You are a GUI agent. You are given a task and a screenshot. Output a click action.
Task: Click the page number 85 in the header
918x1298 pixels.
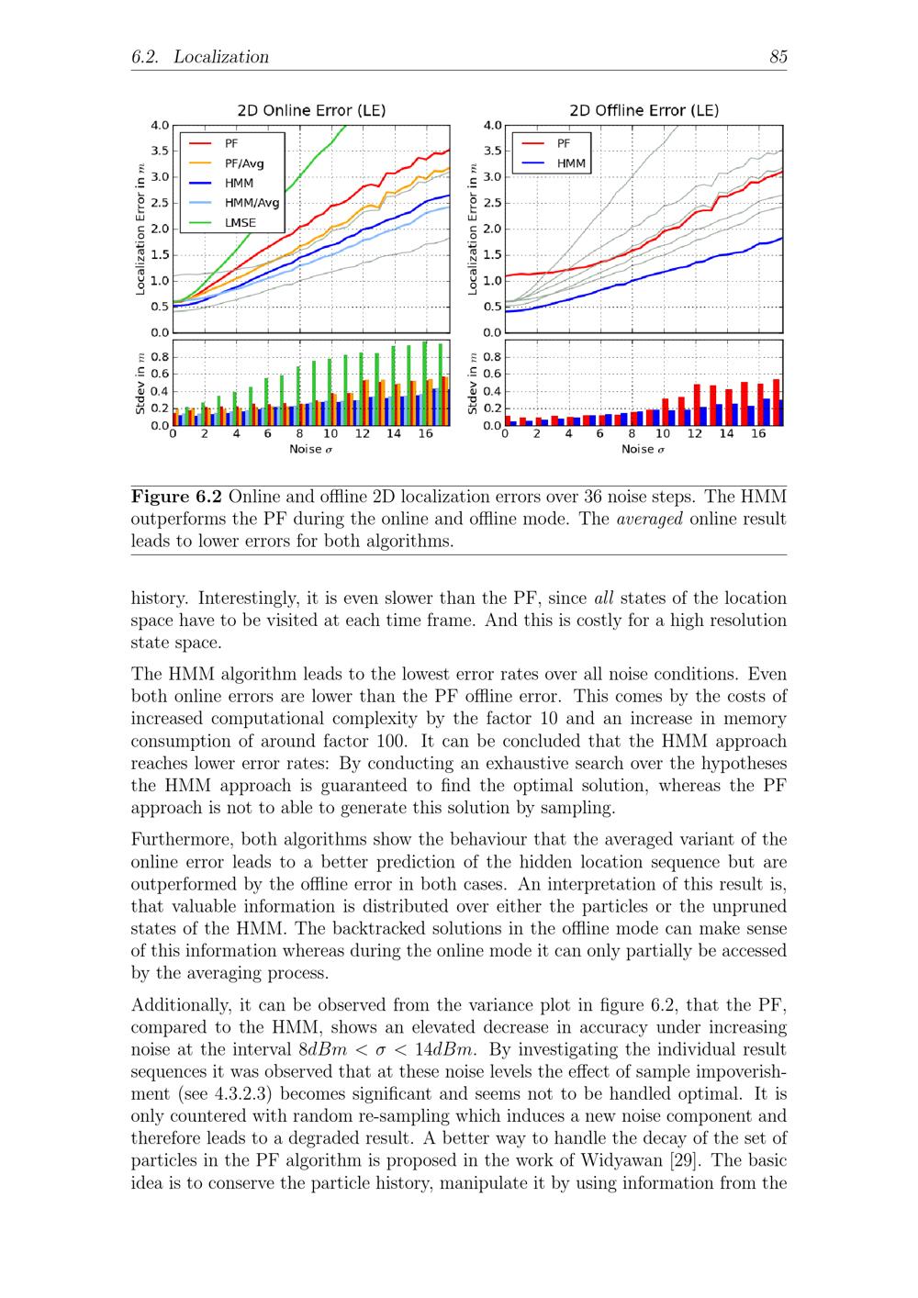coord(778,57)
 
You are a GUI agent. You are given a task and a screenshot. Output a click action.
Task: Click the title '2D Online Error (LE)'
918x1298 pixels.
coord(311,110)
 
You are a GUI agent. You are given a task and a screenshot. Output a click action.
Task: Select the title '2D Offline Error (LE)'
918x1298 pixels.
coord(644,110)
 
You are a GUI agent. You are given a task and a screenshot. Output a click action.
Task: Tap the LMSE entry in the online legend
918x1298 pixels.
coord(241,222)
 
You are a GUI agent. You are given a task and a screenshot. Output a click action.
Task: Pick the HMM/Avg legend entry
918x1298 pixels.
coord(252,203)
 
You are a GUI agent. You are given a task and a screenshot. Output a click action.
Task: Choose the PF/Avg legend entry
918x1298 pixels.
coord(244,163)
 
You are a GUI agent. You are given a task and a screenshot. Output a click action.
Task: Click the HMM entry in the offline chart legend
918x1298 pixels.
coord(571,163)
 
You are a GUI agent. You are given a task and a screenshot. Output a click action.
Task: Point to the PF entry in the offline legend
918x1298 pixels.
coord(564,143)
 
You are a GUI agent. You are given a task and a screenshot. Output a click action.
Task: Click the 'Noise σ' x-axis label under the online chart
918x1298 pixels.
coord(311,449)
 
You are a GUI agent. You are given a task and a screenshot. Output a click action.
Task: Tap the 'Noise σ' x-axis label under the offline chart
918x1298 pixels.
coord(643,449)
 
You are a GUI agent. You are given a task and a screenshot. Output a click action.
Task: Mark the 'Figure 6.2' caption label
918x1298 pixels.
coord(177,497)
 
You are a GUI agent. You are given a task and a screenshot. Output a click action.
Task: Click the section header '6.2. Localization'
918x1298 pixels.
coord(200,57)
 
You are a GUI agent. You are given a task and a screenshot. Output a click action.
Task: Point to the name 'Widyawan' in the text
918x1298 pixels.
coord(617,1160)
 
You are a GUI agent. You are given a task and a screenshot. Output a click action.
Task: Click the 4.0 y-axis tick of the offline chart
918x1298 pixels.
coord(493,125)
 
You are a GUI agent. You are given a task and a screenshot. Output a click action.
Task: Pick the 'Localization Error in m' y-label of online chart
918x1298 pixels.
coord(140,229)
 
